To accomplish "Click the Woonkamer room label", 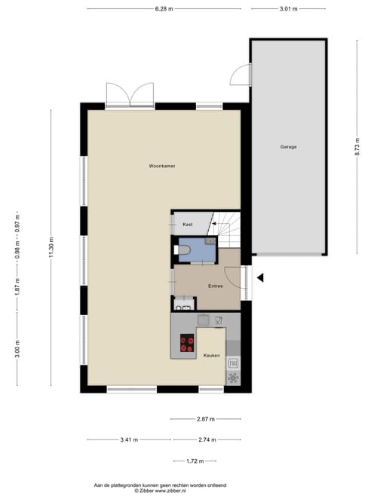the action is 162,166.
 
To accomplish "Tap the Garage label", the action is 288,147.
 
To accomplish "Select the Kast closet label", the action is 188,225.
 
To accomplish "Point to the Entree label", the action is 216,286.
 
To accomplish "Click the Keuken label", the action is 212,355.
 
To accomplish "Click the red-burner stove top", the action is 187,343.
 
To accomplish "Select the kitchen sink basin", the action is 204,320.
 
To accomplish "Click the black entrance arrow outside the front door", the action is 260,278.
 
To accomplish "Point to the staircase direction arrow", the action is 214,224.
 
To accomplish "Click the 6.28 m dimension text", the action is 164,9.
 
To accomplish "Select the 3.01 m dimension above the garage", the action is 288,9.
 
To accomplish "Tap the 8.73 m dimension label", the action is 357,147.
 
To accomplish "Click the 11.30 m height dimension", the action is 51,247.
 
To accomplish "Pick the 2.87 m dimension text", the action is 206,419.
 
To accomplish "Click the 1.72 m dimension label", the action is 195,461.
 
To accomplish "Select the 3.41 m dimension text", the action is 129,439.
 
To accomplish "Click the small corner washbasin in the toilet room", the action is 210,240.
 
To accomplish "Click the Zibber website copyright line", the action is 160,491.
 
